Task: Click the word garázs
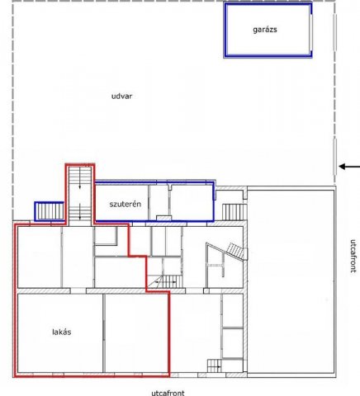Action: pos(265,30)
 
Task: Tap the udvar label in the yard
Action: pos(121,96)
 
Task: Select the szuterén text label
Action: pos(126,204)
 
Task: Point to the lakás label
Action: pos(62,332)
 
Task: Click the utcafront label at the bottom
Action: pos(168,393)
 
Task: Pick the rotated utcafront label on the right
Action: pos(353,256)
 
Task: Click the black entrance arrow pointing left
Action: pos(349,167)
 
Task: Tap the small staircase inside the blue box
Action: pos(50,211)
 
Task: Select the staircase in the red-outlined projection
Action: pos(80,195)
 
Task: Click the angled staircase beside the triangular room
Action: pos(235,252)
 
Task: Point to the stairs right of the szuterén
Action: pos(234,212)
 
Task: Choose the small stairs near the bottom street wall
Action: pos(214,365)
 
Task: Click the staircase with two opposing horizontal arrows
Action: pos(165,282)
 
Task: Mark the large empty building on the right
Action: pos(291,281)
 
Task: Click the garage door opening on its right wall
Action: pos(310,32)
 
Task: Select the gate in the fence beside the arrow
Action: pos(334,157)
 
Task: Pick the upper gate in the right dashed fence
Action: pos(334,32)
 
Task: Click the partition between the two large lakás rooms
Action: pos(104,333)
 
